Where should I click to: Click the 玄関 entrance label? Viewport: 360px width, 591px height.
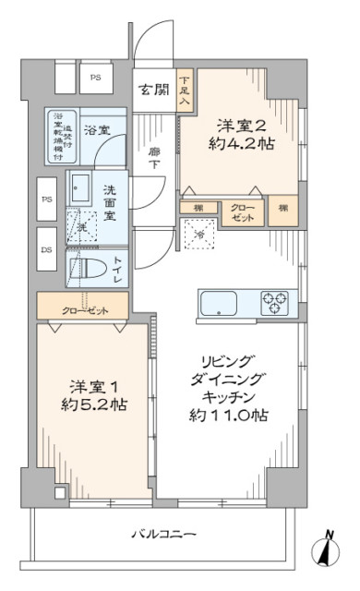153,90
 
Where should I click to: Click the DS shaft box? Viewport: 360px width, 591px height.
46,250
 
